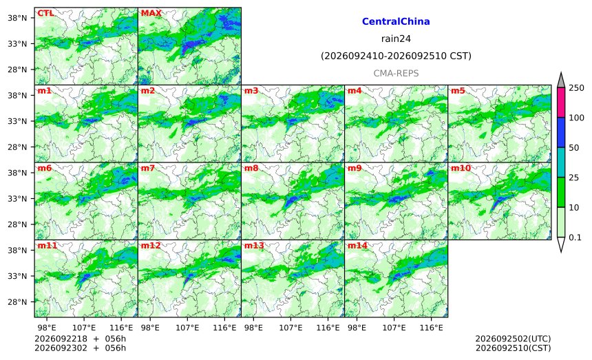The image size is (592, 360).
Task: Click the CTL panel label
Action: pyautogui.click(x=45, y=13)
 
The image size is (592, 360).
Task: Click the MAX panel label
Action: pyautogui.click(x=151, y=13)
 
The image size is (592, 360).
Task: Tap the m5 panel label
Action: pyautogui.click(x=458, y=91)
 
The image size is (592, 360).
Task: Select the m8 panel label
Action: pyautogui.click(x=251, y=168)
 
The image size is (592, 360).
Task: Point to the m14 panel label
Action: pyautogui.click(x=357, y=246)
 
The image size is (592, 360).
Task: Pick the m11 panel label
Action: pyautogui.click(x=47, y=246)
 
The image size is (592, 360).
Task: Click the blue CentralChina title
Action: pyautogui.click(x=396, y=21)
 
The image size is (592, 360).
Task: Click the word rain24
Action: pyautogui.click(x=396, y=39)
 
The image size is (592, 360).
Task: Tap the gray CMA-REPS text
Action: pyautogui.click(x=396, y=73)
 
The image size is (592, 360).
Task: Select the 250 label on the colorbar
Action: pyautogui.click(x=577, y=88)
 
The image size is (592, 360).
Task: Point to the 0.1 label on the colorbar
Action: pyautogui.click(x=575, y=237)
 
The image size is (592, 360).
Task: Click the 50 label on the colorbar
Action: pyautogui.click(x=574, y=147)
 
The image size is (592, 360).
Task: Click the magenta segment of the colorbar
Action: pyautogui.click(x=561, y=103)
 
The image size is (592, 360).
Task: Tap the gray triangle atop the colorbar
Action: pyautogui.click(x=561, y=81)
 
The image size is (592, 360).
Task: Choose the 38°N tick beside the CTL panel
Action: pyautogui.click(x=17, y=18)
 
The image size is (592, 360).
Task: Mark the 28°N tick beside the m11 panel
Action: pyautogui.click(x=17, y=302)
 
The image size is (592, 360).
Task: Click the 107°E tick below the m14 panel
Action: pyautogui.click(x=394, y=328)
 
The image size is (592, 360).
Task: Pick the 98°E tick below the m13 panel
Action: pyautogui.click(x=253, y=328)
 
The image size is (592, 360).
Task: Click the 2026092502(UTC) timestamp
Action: pyautogui.click(x=513, y=339)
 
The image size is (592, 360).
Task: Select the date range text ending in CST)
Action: pyautogui.click(x=396, y=56)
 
